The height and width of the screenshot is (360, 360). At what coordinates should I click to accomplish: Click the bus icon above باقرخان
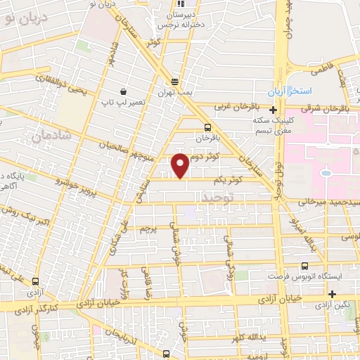207,128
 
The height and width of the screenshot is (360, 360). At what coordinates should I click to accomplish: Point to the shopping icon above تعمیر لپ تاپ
124,92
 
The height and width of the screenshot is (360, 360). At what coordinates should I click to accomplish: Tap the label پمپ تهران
175,95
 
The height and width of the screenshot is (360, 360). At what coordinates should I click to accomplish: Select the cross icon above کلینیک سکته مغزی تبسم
272,110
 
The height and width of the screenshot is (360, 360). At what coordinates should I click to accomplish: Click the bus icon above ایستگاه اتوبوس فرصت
304,266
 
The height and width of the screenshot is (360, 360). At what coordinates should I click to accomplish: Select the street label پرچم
147,229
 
